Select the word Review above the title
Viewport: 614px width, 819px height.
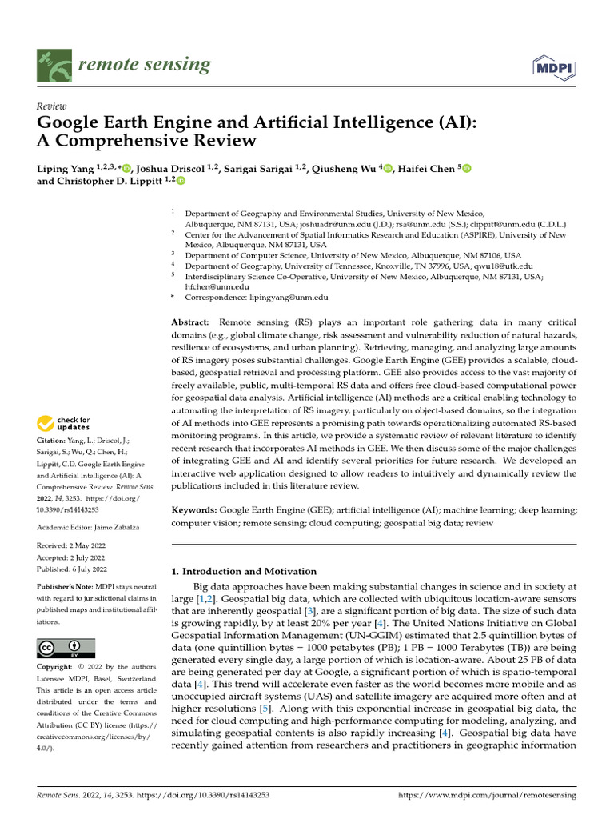click(x=52, y=106)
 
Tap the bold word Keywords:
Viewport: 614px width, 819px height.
click(x=195, y=509)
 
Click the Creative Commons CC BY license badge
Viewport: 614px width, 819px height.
click(x=66, y=648)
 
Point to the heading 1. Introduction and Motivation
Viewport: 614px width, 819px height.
click(x=245, y=571)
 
